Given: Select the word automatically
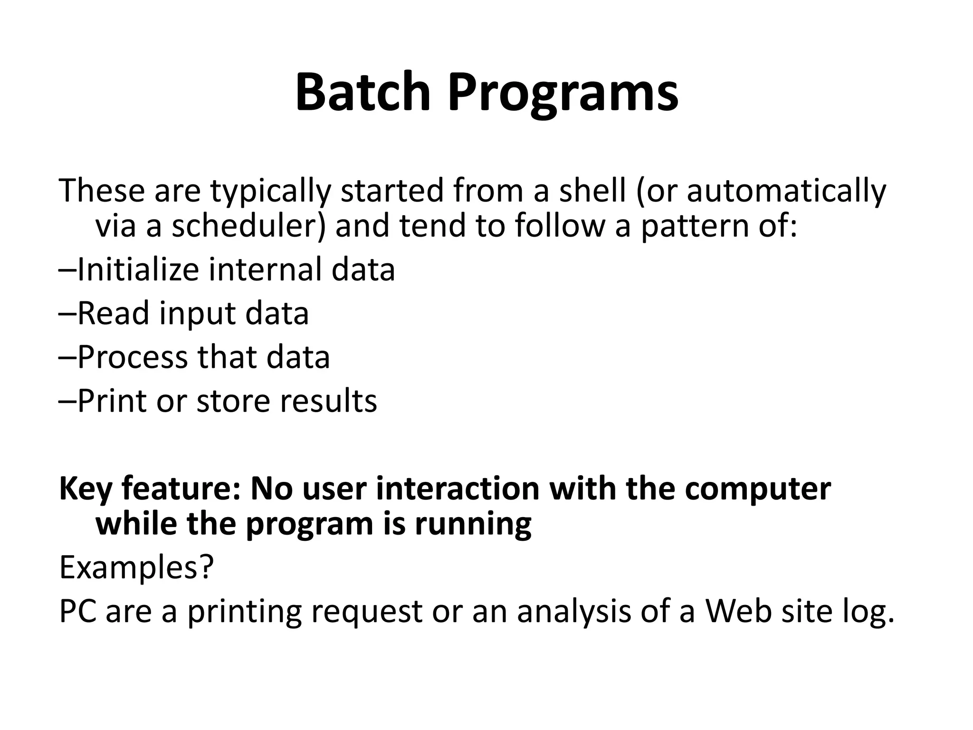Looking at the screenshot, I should [786, 190].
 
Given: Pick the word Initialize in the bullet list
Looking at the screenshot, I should [137, 269].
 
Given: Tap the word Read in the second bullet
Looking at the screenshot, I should [113, 313].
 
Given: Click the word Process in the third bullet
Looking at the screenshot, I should [132, 357].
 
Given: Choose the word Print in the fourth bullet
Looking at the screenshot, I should [112, 400].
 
